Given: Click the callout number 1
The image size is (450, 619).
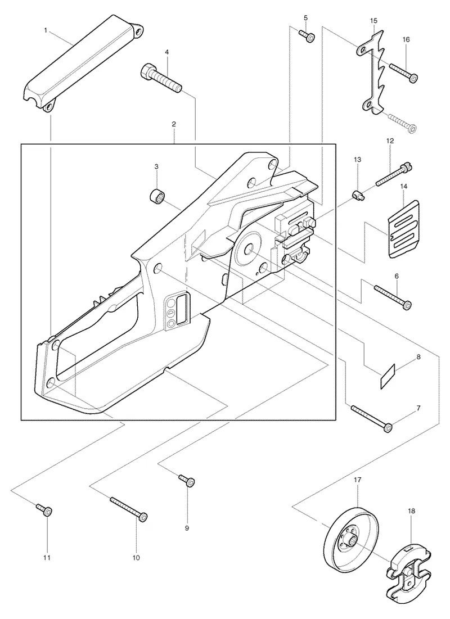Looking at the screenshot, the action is coord(46,30).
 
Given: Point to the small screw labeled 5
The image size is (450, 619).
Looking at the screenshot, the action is coord(307,36).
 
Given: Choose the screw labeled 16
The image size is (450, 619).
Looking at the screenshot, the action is coord(403,73).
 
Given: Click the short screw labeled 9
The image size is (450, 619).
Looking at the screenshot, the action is coord(187,481).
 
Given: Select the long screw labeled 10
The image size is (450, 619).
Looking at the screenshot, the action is coord(129,509).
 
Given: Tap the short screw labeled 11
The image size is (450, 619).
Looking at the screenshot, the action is coord(44,509).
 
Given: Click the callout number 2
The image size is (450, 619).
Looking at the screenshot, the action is coord(174,124).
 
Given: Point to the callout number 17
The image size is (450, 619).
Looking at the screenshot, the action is coord(357,480).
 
